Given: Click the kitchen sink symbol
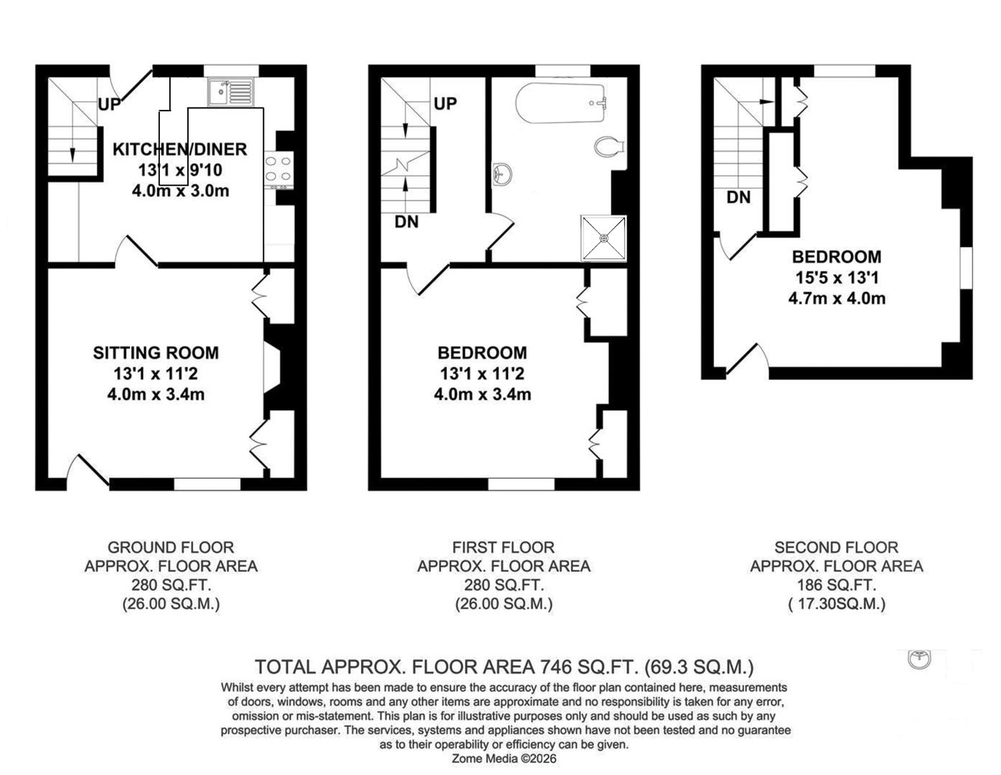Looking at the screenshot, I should tap(230, 92).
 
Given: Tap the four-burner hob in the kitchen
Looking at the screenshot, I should tap(278, 169).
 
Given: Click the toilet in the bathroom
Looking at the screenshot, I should tap(609, 147).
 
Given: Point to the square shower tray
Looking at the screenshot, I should tap(603, 238).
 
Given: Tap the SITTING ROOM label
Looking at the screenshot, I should tap(156, 352).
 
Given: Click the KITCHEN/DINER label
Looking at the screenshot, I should tap(179, 149).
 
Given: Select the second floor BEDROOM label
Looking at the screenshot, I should tap(837, 257).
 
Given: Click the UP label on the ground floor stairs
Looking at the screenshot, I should tap(109, 105).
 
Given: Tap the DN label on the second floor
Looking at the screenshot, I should tap(738, 197).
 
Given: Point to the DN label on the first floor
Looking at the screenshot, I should tap(406, 222).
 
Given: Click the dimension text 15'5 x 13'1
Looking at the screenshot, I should tap(837, 278).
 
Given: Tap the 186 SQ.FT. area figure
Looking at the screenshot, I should tap(837, 585).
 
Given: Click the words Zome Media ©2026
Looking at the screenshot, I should tap(504, 758).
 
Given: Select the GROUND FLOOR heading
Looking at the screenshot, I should tap(171, 548).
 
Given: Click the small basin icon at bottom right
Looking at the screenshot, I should tap(919, 659).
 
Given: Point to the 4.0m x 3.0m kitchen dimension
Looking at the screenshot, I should tap(180, 191).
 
